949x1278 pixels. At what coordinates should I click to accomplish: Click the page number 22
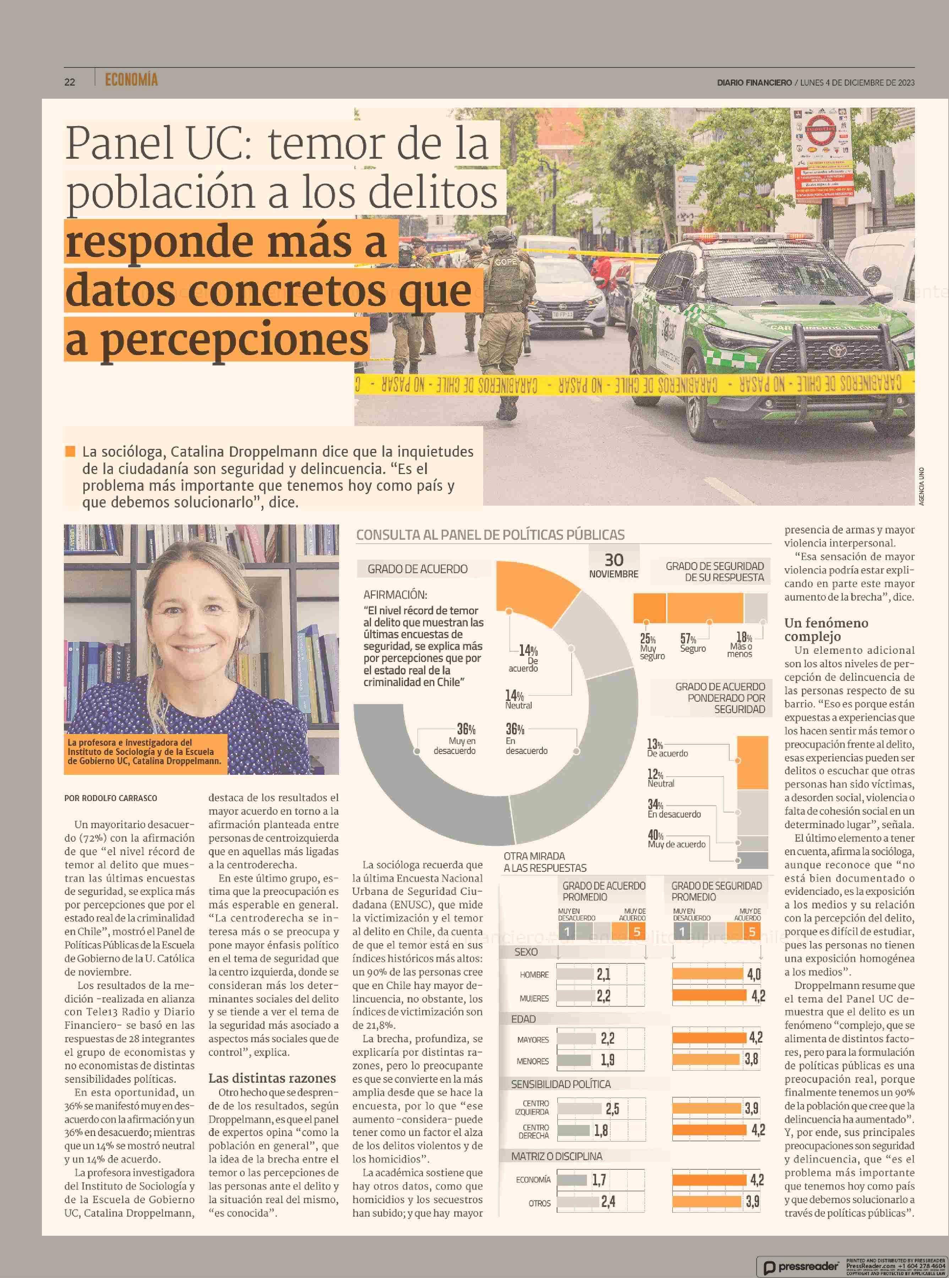[x=70, y=82]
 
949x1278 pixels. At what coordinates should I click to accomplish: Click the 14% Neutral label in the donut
[x=518, y=699]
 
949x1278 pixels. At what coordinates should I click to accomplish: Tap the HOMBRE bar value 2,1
[x=603, y=975]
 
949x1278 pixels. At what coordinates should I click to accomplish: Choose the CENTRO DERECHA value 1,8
[x=601, y=1130]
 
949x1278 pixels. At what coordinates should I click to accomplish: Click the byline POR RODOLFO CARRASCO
[x=110, y=798]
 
